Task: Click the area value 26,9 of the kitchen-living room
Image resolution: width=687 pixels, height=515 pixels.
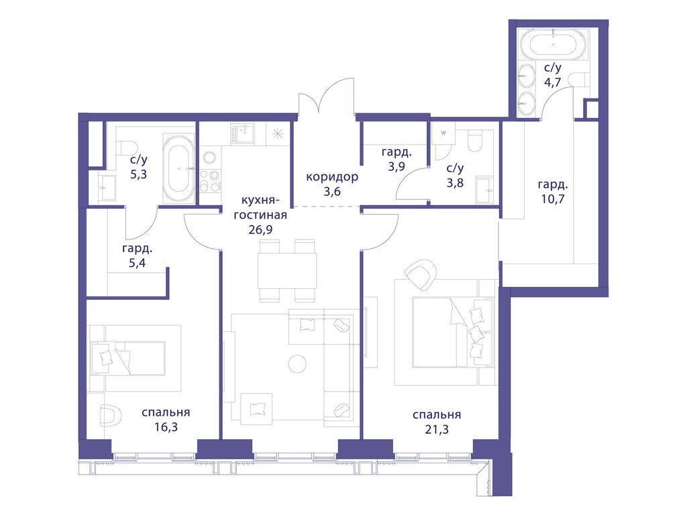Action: (x=260, y=229)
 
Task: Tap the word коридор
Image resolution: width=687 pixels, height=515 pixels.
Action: (x=331, y=177)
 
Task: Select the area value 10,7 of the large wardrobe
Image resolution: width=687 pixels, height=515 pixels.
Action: (x=553, y=198)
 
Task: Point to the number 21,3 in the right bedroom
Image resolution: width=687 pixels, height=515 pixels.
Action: (x=436, y=429)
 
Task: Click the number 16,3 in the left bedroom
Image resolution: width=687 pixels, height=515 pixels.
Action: (x=166, y=427)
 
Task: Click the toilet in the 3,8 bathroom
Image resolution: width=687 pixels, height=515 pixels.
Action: (x=475, y=141)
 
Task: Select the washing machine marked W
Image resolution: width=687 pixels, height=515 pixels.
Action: (x=443, y=133)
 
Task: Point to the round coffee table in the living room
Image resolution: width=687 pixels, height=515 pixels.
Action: (x=298, y=363)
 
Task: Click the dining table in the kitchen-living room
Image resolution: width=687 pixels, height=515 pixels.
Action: (x=287, y=270)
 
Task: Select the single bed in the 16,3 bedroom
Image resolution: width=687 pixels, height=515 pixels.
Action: (x=127, y=358)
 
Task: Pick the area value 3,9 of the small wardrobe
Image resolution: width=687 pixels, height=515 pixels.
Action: (x=396, y=167)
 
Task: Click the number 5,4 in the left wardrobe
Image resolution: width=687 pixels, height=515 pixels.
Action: (x=137, y=263)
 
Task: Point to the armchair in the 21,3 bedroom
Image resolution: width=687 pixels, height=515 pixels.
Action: (x=421, y=274)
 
